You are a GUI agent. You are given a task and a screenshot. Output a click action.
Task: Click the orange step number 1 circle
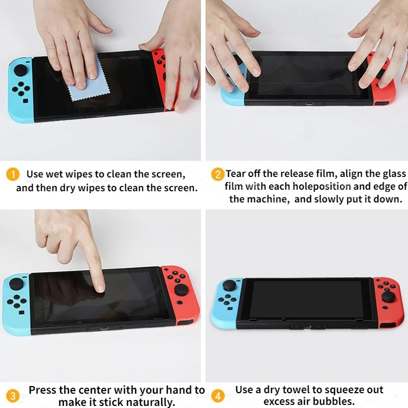click(13, 174)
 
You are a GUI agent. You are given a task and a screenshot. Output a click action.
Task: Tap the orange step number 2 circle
click(218, 174)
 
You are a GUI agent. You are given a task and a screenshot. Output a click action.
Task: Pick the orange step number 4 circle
click(218, 395)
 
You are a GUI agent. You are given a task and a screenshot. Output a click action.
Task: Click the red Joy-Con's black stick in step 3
click(182, 291)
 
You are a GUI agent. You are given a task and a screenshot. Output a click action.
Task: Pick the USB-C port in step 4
click(308, 324)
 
